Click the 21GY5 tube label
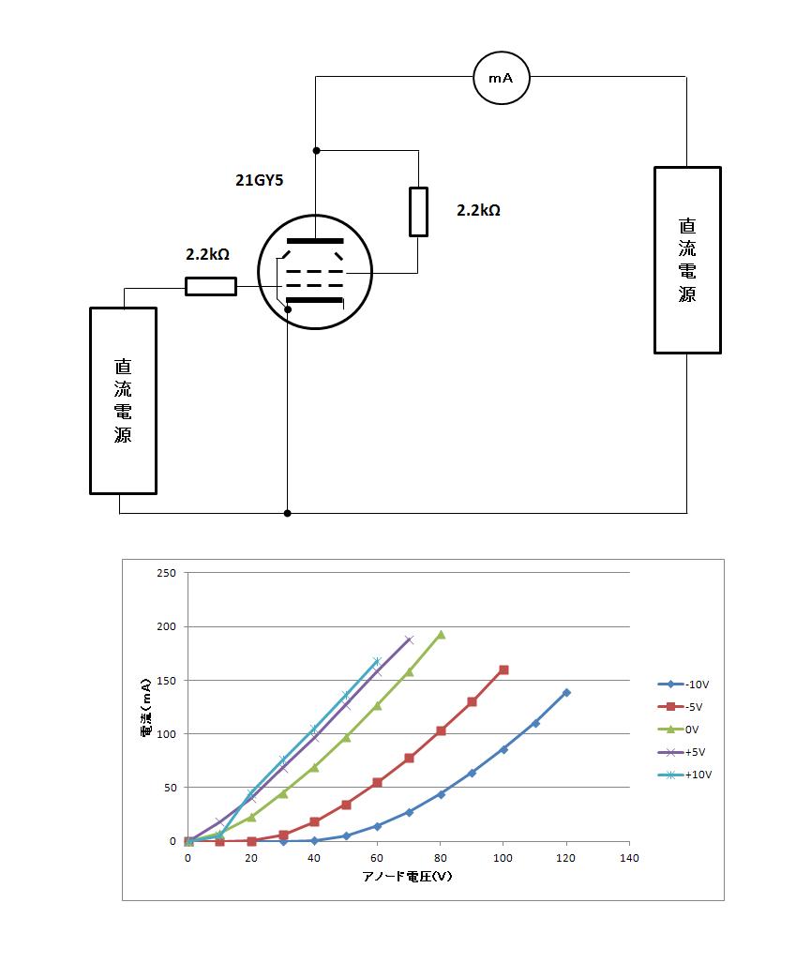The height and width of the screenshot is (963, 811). pyautogui.click(x=259, y=180)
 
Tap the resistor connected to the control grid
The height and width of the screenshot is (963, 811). pyautogui.click(x=211, y=286)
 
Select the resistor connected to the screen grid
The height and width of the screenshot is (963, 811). pyautogui.click(x=418, y=212)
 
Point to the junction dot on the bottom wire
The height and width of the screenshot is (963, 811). pyautogui.click(x=287, y=513)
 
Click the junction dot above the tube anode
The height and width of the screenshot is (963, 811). pyautogui.click(x=316, y=150)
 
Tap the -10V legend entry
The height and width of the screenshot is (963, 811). pyautogui.click(x=683, y=685)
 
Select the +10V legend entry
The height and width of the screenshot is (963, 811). pyautogui.click(x=684, y=775)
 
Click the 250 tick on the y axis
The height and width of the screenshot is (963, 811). pyautogui.click(x=166, y=573)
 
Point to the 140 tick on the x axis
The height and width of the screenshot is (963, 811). pyautogui.click(x=629, y=858)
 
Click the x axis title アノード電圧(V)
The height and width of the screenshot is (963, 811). pyautogui.click(x=407, y=877)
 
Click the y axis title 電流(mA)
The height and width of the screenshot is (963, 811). pyautogui.click(x=146, y=708)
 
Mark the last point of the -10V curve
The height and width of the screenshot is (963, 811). pyautogui.click(x=566, y=693)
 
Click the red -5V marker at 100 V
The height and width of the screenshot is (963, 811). pyautogui.click(x=503, y=670)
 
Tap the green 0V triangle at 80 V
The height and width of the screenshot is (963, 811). pyautogui.click(x=440, y=635)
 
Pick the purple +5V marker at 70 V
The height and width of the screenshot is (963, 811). pyautogui.click(x=409, y=639)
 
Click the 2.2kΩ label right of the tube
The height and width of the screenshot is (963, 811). pyautogui.click(x=478, y=210)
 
